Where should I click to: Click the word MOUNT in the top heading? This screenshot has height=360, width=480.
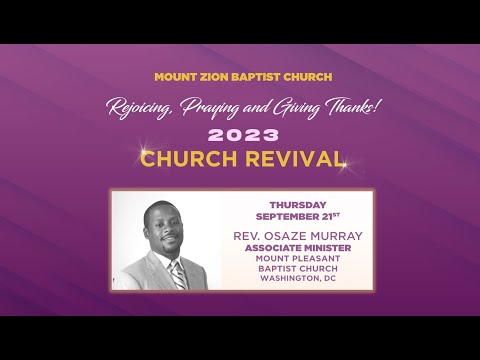(173, 77)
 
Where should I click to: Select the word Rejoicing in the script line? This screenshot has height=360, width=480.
(140, 108)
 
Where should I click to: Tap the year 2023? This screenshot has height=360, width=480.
(240, 134)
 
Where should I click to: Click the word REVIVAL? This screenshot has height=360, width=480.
(295, 158)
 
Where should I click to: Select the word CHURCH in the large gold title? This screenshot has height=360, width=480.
(187, 158)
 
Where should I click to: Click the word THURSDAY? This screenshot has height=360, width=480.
(297, 205)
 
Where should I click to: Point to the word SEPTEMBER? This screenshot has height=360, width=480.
(288, 216)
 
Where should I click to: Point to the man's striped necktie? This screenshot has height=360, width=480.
(177, 274)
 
